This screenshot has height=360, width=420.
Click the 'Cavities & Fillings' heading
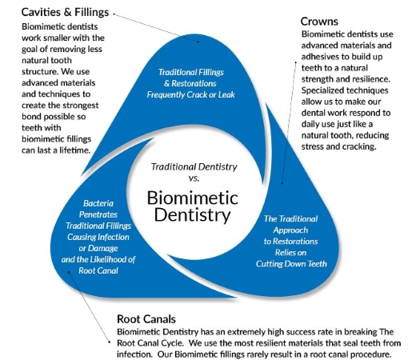click(x=65, y=12)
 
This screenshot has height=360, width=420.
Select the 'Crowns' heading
click(x=319, y=22)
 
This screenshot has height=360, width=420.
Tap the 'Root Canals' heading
click(x=146, y=319)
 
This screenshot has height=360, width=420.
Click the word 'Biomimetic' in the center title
click(x=193, y=198)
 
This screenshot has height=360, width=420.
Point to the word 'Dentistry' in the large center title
click(x=192, y=215)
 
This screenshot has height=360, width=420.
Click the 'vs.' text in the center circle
click(x=194, y=178)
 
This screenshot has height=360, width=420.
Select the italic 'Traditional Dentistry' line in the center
click(x=194, y=167)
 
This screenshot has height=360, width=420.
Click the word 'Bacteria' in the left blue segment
click(x=98, y=203)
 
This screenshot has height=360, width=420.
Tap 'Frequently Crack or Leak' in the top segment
click(x=190, y=94)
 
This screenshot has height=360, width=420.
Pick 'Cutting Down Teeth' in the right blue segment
click(x=291, y=264)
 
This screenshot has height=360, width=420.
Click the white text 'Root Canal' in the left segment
click(x=98, y=270)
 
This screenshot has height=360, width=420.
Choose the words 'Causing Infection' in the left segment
click(x=98, y=237)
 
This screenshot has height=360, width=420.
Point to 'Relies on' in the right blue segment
click(x=290, y=253)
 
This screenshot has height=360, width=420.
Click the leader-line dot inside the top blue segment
click(x=198, y=42)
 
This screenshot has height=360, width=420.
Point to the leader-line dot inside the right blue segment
click(x=282, y=183)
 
